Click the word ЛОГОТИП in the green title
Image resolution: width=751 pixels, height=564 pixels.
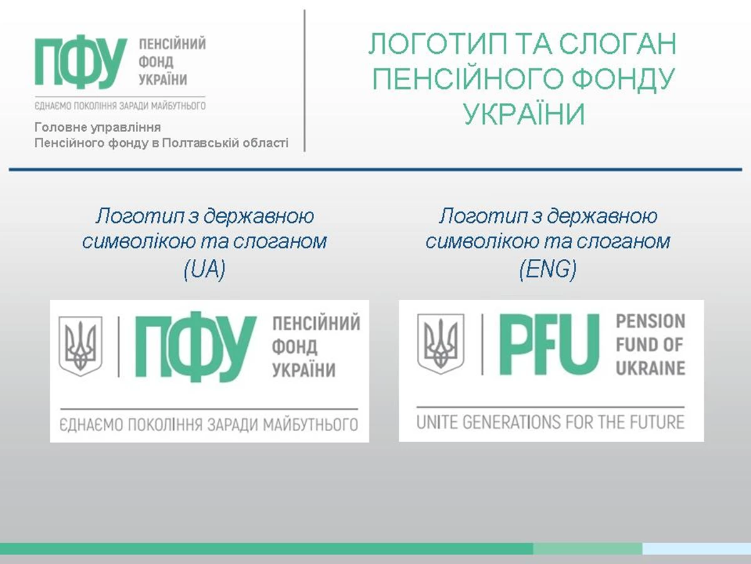(x=438, y=43)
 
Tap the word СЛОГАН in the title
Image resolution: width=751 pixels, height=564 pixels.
(x=618, y=43)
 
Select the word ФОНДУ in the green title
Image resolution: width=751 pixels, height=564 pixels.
(x=623, y=79)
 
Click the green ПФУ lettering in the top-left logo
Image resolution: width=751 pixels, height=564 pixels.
(x=81, y=61)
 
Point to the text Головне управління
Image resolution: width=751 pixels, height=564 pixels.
(x=98, y=127)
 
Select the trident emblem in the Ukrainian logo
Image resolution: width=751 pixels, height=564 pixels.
(x=80, y=346)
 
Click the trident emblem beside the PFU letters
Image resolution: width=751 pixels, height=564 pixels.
(x=441, y=344)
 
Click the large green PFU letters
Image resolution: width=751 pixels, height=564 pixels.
(x=549, y=344)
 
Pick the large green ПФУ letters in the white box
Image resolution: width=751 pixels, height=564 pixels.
(x=196, y=347)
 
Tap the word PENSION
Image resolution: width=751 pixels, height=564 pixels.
(x=650, y=321)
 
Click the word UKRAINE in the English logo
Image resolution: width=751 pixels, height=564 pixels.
(x=650, y=368)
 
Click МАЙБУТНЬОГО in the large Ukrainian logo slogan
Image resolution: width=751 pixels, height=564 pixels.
(x=310, y=425)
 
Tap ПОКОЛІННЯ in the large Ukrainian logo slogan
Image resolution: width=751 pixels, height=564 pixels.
(x=166, y=425)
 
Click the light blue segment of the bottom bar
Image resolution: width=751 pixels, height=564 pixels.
(x=697, y=548)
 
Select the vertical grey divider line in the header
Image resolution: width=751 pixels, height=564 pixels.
(x=305, y=80)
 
